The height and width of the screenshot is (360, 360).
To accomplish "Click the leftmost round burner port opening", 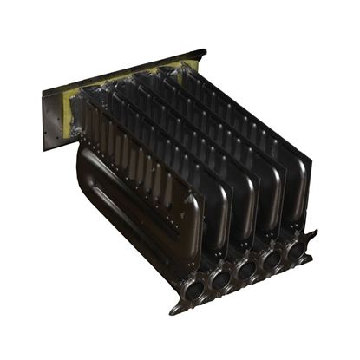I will [x=193, y=287].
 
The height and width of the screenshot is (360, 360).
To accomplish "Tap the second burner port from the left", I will [x=221, y=277].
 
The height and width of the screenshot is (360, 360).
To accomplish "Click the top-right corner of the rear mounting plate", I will [x=205, y=51].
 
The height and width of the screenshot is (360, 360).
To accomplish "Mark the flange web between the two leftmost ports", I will [x=207, y=284].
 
